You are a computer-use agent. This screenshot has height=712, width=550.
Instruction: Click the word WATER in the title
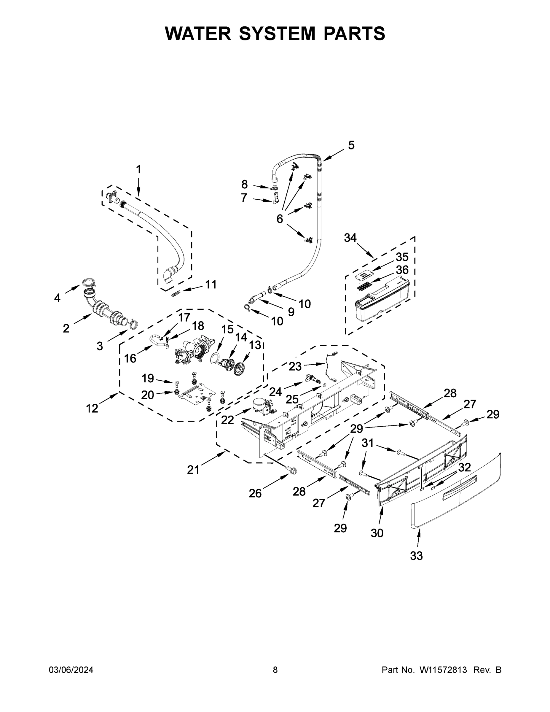(x=198, y=34)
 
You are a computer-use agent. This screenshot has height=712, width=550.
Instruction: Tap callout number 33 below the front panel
(x=416, y=556)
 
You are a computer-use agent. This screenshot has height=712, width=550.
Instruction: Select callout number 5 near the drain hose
(x=351, y=145)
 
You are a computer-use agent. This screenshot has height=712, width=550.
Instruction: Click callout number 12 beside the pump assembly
(x=92, y=408)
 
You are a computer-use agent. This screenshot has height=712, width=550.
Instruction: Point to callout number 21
(x=193, y=470)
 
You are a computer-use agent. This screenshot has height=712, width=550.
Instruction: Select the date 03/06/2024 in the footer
(x=71, y=670)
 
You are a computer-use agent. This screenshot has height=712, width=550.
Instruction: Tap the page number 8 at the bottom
(x=275, y=670)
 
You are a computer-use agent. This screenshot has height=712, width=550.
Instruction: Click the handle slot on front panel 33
(x=459, y=483)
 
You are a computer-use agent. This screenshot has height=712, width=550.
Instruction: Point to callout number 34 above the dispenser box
(x=350, y=238)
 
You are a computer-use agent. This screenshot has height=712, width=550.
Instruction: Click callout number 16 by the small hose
(x=130, y=358)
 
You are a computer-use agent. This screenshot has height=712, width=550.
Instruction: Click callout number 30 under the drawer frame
(x=377, y=533)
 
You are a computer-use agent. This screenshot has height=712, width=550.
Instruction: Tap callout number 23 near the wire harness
(x=295, y=366)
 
